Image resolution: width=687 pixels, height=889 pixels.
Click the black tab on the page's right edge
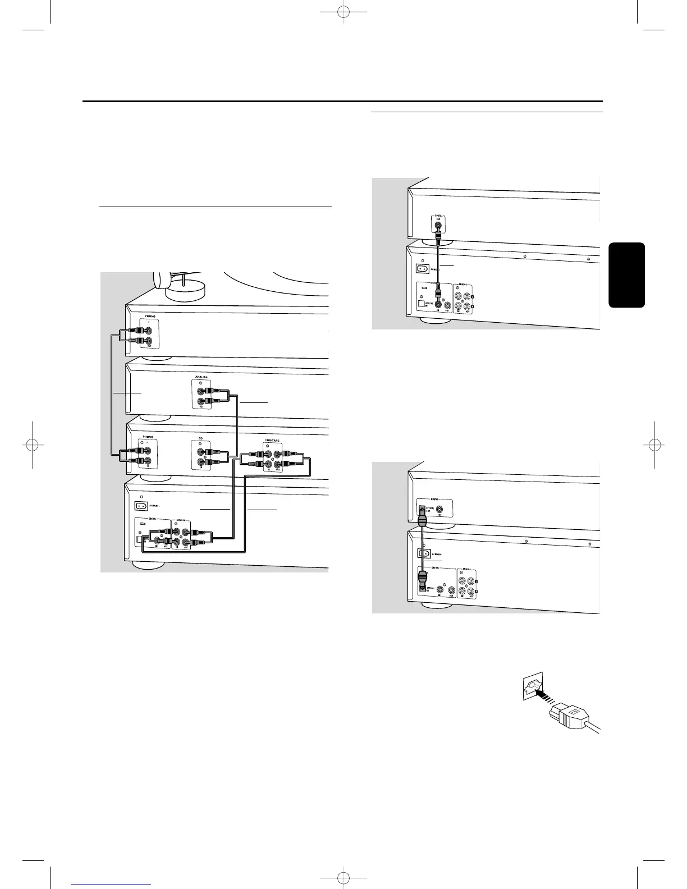[626, 275]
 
